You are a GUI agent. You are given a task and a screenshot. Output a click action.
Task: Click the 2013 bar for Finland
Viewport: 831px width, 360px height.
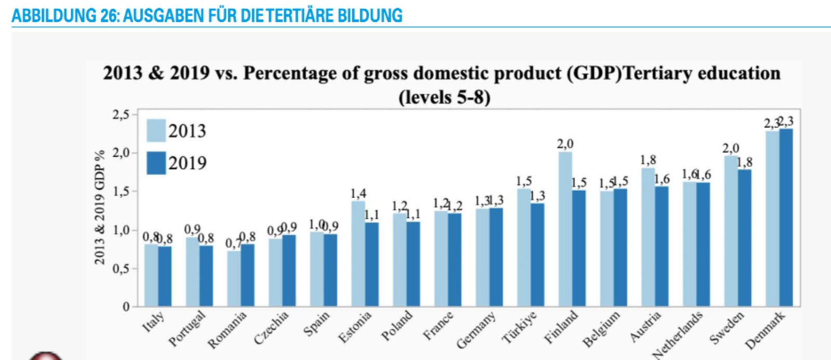pos(565,229)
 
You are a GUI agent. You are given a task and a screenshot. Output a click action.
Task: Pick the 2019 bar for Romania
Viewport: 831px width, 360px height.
pos(248,275)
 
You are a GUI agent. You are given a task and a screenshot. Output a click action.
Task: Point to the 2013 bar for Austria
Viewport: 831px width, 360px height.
pos(648,237)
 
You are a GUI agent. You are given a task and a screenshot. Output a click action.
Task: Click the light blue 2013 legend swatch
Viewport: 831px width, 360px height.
pos(156,130)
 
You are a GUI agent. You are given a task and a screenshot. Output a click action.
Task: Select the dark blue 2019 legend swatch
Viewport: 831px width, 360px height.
pos(156,163)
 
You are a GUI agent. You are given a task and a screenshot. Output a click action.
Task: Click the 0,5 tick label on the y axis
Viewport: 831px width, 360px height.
pos(120,269)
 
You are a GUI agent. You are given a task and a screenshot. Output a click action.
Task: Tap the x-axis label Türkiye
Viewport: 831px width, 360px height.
pos(519,327)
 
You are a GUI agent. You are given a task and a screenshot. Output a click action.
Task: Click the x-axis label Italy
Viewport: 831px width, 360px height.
pos(154,322)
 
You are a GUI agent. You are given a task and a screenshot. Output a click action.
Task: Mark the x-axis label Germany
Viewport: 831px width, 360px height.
pos(476,330)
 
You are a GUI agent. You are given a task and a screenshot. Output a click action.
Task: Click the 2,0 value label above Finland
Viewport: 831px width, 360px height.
pos(565,144)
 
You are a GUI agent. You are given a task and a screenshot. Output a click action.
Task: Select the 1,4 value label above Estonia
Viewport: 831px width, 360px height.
pos(358,193)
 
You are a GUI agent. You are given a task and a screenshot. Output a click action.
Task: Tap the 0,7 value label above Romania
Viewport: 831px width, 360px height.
pos(232,244)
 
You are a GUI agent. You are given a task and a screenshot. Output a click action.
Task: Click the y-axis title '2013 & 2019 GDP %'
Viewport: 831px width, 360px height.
pos(100,207)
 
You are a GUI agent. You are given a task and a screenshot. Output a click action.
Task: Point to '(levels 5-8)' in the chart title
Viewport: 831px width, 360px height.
pos(444,97)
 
